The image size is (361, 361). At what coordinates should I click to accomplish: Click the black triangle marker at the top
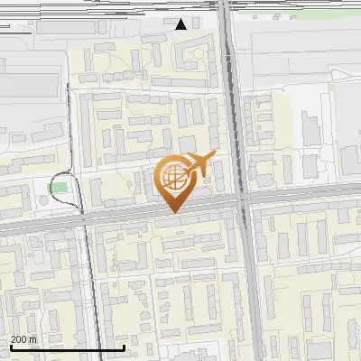[181, 24]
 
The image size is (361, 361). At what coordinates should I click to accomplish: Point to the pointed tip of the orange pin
[171, 211]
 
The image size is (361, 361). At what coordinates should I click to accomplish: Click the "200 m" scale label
[24, 339]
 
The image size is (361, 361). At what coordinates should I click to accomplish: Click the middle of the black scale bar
[67, 347]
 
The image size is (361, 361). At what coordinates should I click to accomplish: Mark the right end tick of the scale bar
[124, 346]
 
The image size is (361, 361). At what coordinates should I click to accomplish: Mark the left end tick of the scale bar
[10, 346]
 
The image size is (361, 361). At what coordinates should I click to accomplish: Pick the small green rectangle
[59, 188]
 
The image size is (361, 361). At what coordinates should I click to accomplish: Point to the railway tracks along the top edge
[108, 7]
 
